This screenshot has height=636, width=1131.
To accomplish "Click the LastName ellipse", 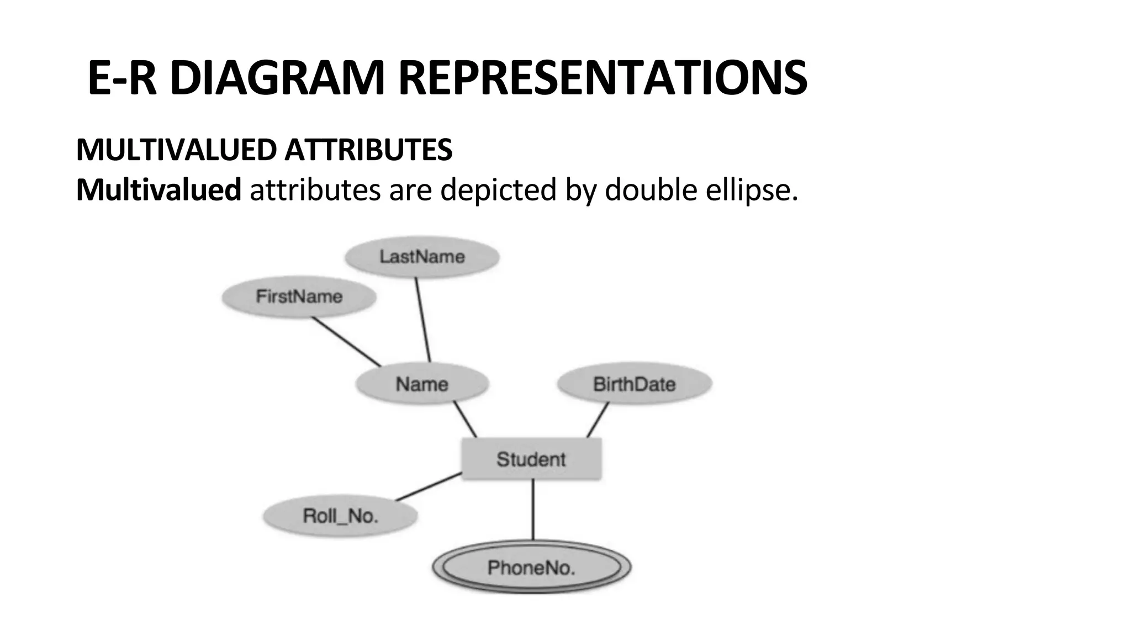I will (x=422, y=257).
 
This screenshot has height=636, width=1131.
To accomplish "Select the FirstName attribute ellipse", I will (x=299, y=297).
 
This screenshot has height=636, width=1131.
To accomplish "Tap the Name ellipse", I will (x=422, y=384).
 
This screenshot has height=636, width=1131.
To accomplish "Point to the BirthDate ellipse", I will (x=634, y=384).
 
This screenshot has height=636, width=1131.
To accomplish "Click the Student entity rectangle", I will (x=531, y=459).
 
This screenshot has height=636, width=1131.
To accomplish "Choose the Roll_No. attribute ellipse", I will (x=340, y=516).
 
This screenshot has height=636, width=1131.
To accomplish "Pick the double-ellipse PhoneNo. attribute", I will (x=531, y=568).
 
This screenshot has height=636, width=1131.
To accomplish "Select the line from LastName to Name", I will (x=423, y=320).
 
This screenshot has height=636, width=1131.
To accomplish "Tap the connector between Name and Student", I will (x=465, y=420).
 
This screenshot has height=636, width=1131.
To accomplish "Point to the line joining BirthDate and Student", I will (x=598, y=420).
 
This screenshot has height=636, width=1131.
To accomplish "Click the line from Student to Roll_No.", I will (x=429, y=487).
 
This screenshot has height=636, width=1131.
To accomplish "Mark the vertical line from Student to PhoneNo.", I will (x=533, y=509).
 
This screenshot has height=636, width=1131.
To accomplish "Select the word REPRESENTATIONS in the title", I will (x=603, y=78).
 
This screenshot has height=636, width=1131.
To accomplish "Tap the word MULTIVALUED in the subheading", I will (x=177, y=150).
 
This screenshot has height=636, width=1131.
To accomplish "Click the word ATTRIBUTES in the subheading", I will (x=368, y=150).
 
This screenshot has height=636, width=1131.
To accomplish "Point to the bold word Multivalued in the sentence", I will (x=158, y=190).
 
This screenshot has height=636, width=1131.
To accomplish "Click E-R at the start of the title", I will (x=122, y=78).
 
